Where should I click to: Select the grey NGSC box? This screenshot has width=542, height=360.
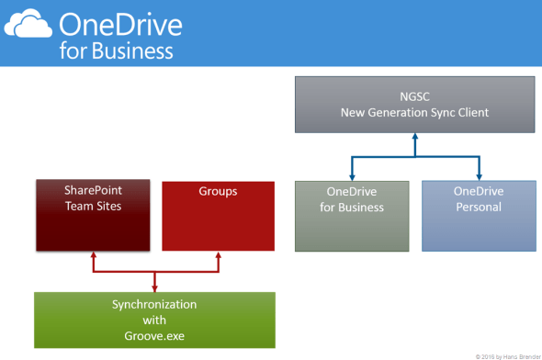click(414, 104)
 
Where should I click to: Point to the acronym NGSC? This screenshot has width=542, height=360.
click(414, 96)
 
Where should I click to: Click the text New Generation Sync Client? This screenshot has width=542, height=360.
click(414, 112)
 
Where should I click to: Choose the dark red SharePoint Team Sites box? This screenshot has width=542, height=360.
click(93, 215)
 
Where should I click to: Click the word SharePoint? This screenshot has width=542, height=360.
click(93, 190)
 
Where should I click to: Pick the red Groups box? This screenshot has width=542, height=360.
click(218, 216)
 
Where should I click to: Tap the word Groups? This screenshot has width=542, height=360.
click(218, 192)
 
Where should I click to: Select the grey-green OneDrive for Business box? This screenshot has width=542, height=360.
click(352, 216)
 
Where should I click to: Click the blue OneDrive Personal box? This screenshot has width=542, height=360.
click(479, 216)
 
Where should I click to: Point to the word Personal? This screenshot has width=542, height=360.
click(479, 208)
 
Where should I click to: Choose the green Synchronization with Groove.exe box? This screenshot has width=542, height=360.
click(154, 320)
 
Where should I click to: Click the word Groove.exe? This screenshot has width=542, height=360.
click(154, 336)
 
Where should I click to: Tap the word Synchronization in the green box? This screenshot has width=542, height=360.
click(154, 303)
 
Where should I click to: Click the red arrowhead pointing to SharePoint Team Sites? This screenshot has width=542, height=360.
click(93, 257)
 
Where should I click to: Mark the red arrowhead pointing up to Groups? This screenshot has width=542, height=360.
click(218, 257)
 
